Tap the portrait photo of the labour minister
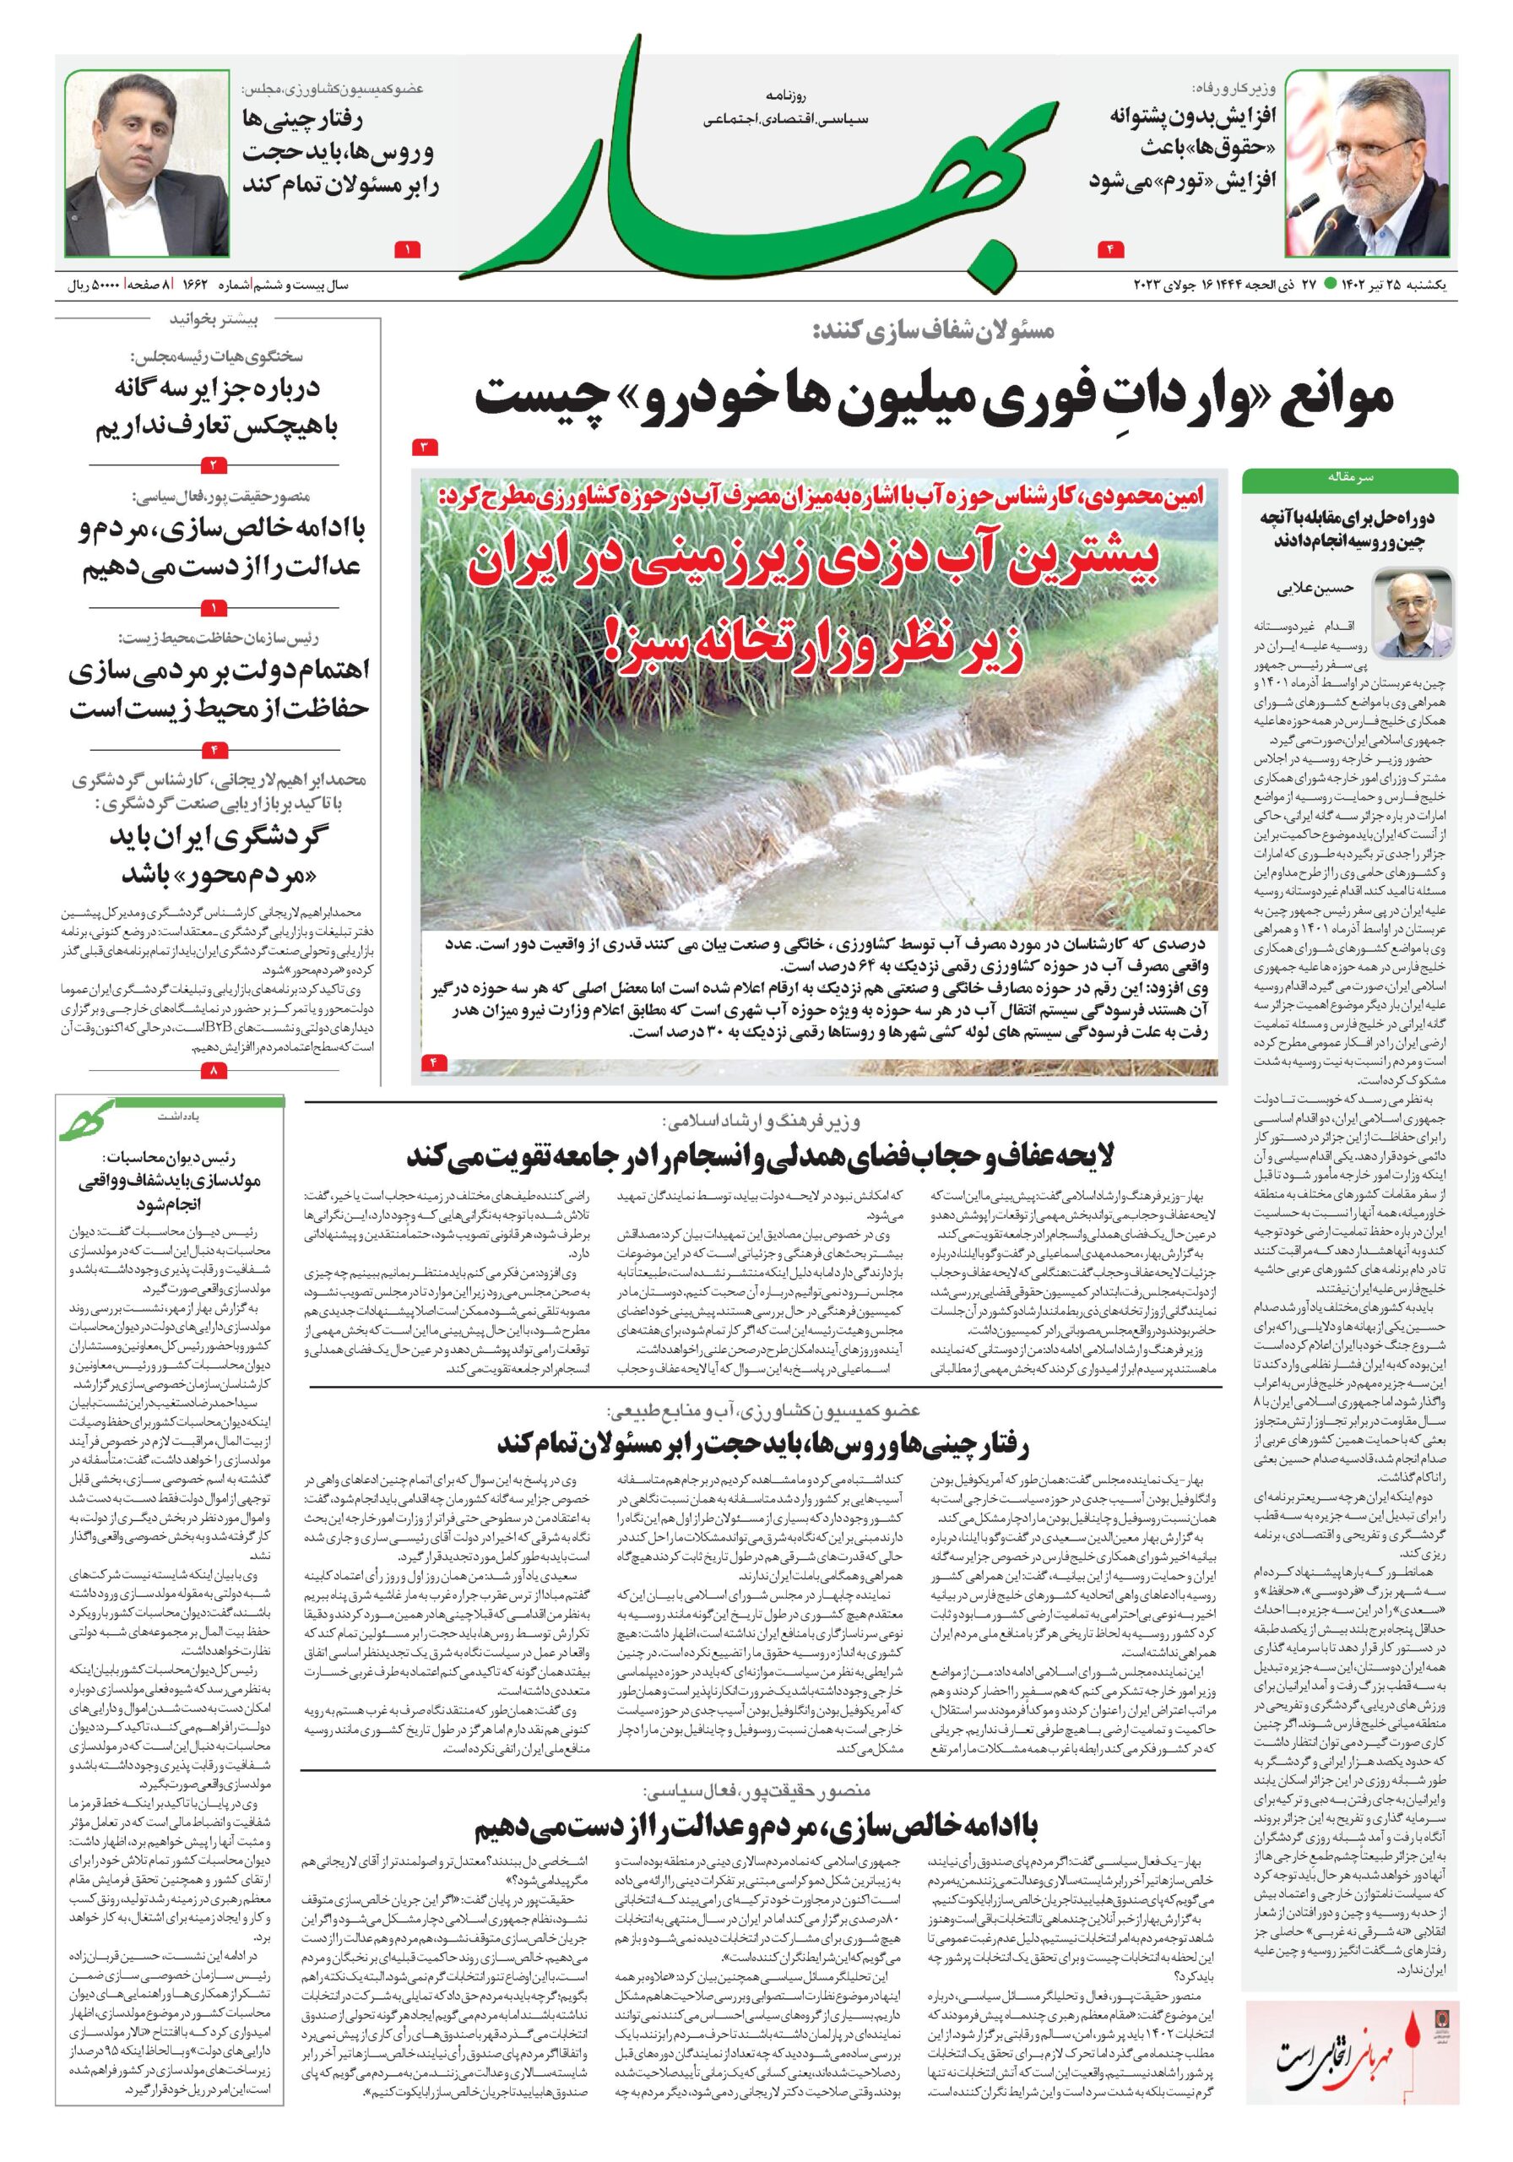(x=1366, y=161)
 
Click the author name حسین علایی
(x=1325, y=589)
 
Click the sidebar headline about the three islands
(x=219, y=408)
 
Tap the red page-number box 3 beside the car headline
(x=425, y=445)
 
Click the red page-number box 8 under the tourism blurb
(x=214, y=1070)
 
